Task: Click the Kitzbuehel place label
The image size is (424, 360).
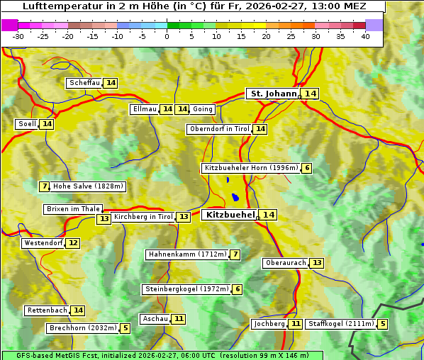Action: [x=229, y=215]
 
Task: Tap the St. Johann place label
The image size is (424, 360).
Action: [x=272, y=94]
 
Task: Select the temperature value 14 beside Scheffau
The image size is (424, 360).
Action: [x=111, y=83]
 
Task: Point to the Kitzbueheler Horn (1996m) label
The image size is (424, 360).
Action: [x=251, y=168]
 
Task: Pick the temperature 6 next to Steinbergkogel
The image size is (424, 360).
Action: [x=237, y=289]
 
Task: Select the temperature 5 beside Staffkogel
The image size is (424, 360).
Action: [x=383, y=324]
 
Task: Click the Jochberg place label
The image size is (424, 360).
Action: [x=269, y=324]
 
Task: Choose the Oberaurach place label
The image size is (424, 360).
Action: [x=285, y=263]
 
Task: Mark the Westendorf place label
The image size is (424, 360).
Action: [x=43, y=243]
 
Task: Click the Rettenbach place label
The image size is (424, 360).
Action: [x=48, y=310]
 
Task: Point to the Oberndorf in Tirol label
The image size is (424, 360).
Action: [x=219, y=129]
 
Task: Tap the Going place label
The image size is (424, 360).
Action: [x=203, y=109]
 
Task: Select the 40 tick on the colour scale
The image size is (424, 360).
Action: [x=365, y=36]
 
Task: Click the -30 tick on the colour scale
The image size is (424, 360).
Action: [x=18, y=36]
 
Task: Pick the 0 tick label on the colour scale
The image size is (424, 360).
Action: [x=167, y=36]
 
